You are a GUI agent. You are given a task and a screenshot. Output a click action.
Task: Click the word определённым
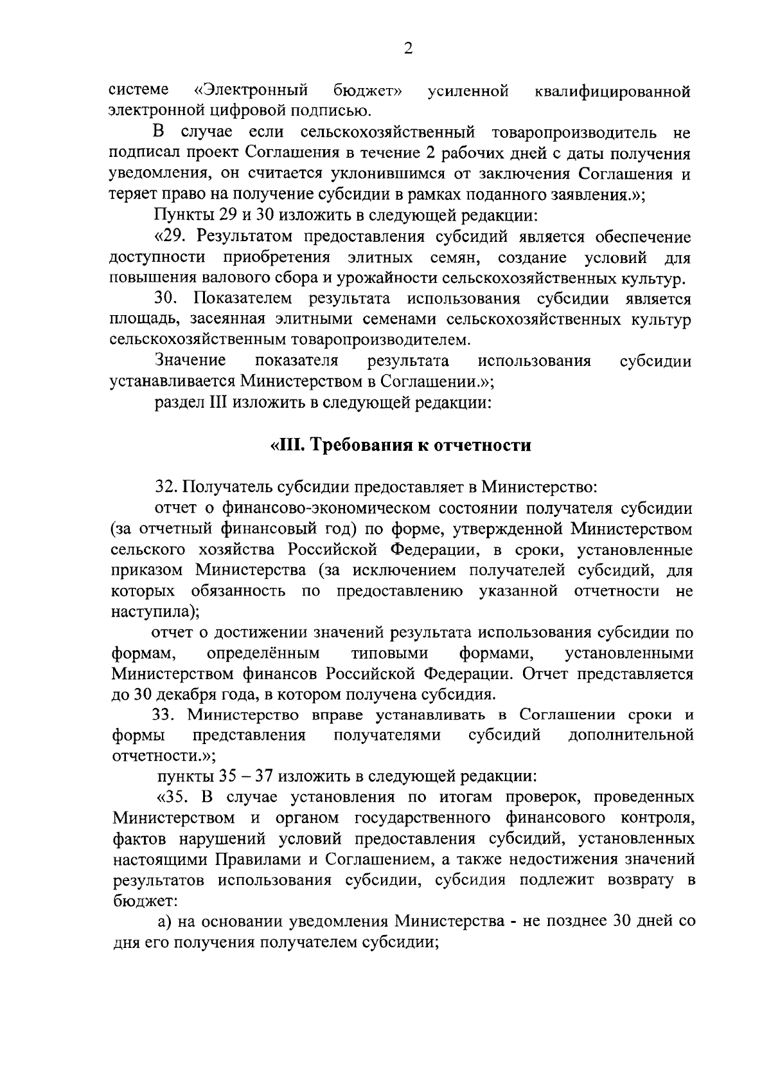(x=263, y=654)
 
